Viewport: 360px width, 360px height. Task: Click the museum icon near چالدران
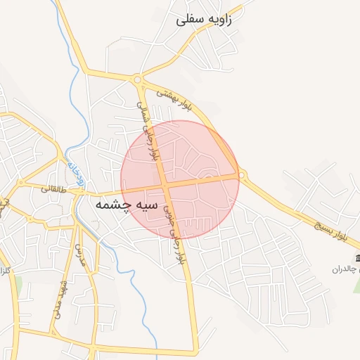(359, 257)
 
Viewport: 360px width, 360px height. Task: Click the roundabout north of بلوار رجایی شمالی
(137, 79)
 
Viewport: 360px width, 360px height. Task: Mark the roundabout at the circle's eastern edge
(242, 174)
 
